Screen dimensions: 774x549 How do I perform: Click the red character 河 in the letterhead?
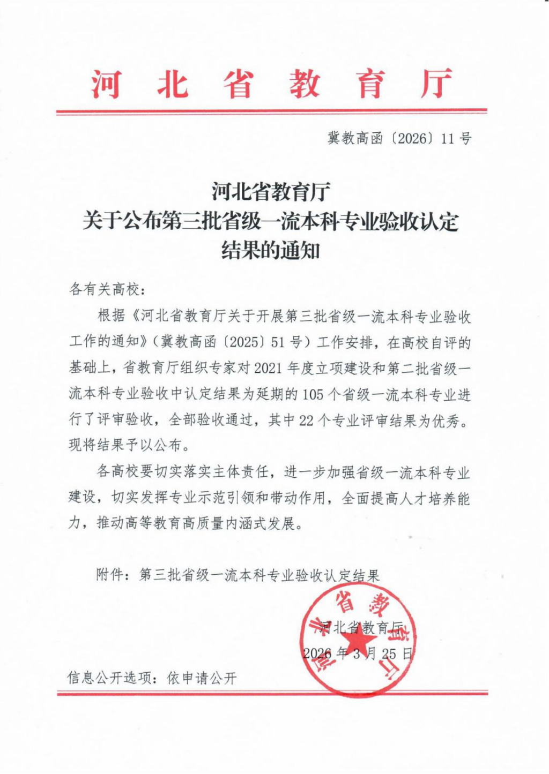pyautogui.click(x=106, y=84)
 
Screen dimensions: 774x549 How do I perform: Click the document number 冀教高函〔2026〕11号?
pyautogui.click(x=399, y=139)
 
